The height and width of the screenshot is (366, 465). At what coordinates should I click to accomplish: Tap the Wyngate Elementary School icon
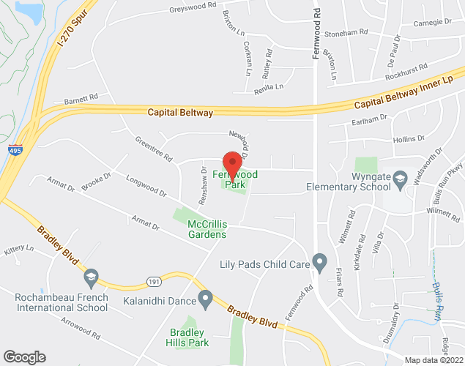400,177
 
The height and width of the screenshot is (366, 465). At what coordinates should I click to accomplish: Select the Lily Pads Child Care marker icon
319,261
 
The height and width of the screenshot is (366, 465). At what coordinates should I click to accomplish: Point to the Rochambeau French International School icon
91,277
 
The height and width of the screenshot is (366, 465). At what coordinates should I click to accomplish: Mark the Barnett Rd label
81,97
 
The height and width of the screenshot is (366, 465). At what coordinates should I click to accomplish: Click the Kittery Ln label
19,250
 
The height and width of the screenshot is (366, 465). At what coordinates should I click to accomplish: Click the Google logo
23,356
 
